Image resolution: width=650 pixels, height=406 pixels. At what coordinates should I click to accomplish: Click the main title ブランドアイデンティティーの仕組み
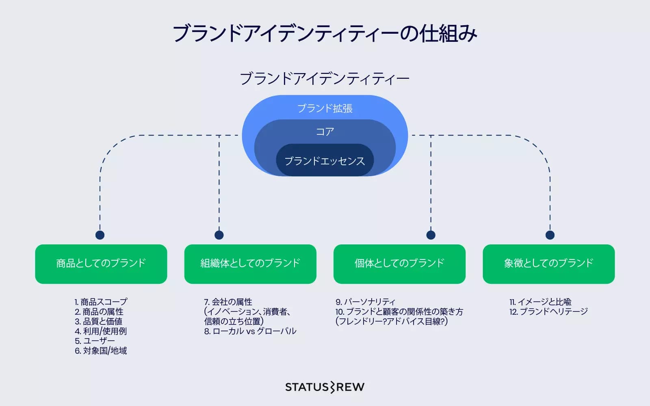pyautogui.click(x=325, y=33)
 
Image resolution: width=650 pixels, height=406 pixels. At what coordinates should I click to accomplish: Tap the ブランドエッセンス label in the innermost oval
pyautogui.click(x=325, y=161)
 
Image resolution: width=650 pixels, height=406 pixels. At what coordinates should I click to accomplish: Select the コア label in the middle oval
pyautogui.click(x=325, y=132)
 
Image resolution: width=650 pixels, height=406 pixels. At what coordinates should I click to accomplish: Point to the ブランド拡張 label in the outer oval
pyautogui.click(x=325, y=108)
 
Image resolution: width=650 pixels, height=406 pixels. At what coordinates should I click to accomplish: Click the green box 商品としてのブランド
pyautogui.click(x=101, y=263)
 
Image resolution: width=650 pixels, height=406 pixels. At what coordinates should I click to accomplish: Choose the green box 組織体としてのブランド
pyautogui.click(x=250, y=263)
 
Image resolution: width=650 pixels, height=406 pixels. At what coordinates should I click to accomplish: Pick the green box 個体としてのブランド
pyautogui.click(x=399, y=263)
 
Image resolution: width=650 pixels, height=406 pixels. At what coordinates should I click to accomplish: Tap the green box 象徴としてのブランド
pyautogui.click(x=548, y=263)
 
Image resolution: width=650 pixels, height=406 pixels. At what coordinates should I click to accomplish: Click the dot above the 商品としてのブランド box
pyautogui.click(x=100, y=235)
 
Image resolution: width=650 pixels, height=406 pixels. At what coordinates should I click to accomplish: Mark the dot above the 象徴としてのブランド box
pyautogui.click(x=550, y=235)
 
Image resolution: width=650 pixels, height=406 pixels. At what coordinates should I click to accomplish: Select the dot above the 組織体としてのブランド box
pyautogui.click(x=219, y=235)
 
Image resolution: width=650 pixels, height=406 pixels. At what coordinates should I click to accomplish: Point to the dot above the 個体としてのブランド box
pyautogui.click(x=431, y=235)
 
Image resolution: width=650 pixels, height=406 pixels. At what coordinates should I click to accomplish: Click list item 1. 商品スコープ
pyautogui.click(x=101, y=302)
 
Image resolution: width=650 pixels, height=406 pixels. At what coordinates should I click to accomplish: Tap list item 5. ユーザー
pyautogui.click(x=95, y=341)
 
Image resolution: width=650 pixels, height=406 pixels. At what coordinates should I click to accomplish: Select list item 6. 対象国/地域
pyautogui.click(x=101, y=351)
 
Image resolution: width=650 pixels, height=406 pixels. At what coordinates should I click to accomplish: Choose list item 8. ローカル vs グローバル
pyautogui.click(x=250, y=331)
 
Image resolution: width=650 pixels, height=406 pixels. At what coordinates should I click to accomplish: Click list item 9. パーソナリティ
pyautogui.click(x=365, y=302)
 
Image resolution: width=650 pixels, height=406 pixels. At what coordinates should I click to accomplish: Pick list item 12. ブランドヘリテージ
pyautogui.click(x=548, y=312)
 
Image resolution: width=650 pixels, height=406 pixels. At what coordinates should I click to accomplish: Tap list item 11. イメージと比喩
pyautogui.click(x=540, y=302)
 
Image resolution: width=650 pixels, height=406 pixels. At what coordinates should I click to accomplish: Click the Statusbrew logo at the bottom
pyautogui.click(x=325, y=387)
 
